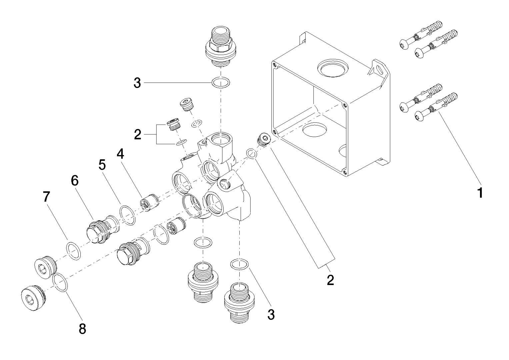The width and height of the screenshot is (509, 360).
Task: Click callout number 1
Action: click(480, 193)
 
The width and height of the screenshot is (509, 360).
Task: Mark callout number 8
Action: click(82, 329)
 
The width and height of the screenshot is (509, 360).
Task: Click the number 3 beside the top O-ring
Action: click(137, 83)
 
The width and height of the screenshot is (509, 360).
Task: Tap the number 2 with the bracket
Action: click(137, 135)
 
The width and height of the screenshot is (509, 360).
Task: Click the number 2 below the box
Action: click(330, 280)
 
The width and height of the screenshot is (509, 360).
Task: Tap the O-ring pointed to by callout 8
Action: click(60, 283)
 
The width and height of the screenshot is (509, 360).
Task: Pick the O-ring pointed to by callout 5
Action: click(127, 215)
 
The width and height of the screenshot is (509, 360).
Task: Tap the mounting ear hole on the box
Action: click(380, 69)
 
